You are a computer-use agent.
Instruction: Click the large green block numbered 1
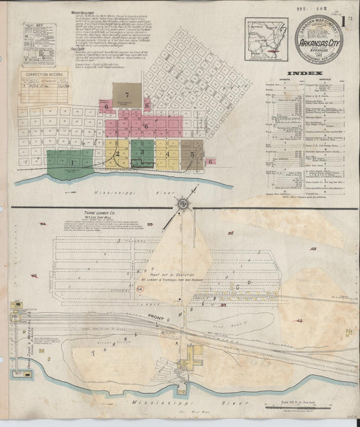pyautogui.click(x=70, y=161)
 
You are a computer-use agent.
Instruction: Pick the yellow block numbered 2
pyautogui.click(x=117, y=153)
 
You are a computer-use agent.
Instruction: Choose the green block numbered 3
pyautogui.click(x=142, y=153)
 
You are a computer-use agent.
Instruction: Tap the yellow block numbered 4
pyautogui.click(x=167, y=153)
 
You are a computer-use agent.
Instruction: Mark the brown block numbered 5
pyautogui.click(x=192, y=153)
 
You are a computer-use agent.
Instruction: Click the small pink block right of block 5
pyautogui.click(x=210, y=161)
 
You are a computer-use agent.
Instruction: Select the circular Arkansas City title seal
pyautogui.click(x=319, y=43)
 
